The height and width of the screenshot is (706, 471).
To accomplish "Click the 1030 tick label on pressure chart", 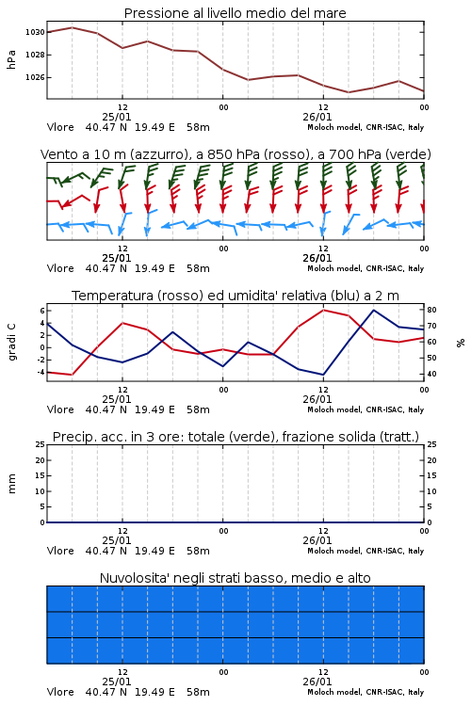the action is (35, 32).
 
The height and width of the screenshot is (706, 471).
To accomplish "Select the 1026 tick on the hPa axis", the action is (35, 77).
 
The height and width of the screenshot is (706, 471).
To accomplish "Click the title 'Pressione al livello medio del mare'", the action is (235, 13).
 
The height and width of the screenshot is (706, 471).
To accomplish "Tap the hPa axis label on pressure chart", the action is (11, 59).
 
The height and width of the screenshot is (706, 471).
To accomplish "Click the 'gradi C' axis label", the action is (11, 342).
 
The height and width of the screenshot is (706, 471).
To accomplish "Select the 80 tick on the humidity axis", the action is (431, 311).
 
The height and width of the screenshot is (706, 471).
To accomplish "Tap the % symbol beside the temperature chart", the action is (461, 343).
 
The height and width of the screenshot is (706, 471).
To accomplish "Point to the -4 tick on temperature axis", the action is (41, 373).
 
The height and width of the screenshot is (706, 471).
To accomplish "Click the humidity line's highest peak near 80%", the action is (374, 311).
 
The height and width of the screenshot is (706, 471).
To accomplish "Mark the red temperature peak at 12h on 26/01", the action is (324, 311).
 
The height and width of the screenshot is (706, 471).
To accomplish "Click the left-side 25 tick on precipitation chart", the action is (41, 444).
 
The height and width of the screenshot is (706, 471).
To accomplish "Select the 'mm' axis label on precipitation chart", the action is (11, 483).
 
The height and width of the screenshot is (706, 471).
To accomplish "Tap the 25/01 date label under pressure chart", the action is (117, 117).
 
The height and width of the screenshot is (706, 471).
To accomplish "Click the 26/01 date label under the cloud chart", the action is (317, 682).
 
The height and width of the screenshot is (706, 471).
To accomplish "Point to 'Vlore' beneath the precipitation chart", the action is (60, 551).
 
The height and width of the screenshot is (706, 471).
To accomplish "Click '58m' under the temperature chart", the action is (199, 409).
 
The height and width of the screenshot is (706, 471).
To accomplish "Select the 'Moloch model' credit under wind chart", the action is (334, 269).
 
